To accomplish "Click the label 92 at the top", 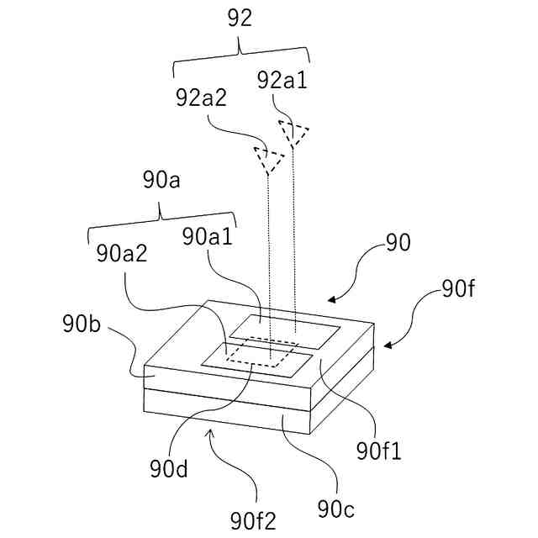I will tap(240, 19).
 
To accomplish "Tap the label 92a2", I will tap(203, 98).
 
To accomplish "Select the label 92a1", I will tap(283, 81).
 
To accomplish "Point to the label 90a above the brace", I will tap(161, 182).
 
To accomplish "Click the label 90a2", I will tap(122, 252).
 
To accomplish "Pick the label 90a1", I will tap(207, 237).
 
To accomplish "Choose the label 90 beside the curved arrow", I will tap(397, 244).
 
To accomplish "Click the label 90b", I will tap(82, 324).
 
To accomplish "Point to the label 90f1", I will tap(379, 451).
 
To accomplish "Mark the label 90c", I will tap(336, 509).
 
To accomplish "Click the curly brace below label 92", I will tap(240, 55).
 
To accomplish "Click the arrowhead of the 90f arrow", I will tap(388, 345).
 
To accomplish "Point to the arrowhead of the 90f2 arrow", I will tap(211, 431).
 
